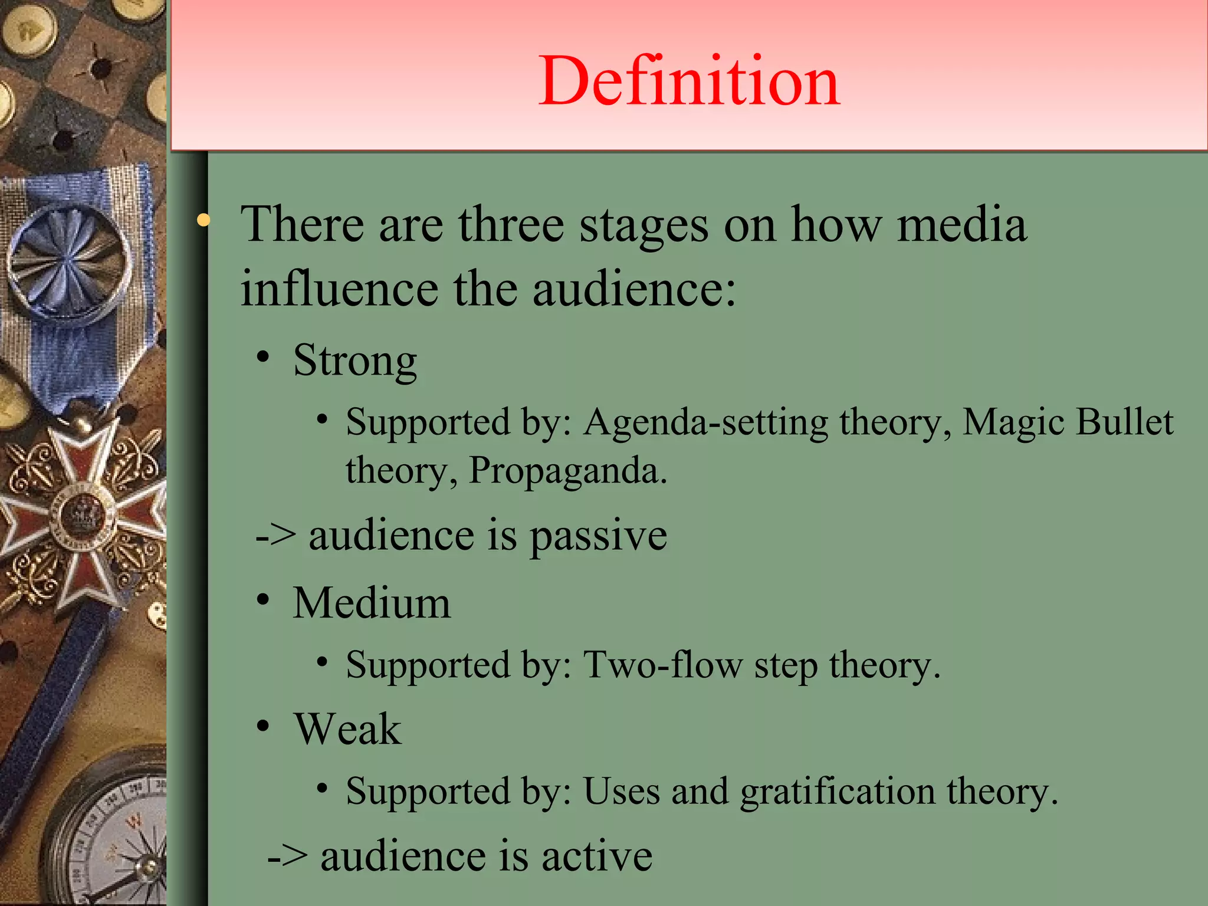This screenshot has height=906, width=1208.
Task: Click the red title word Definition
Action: [x=689, y=81]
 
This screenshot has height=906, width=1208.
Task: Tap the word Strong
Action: [x=355, y=360]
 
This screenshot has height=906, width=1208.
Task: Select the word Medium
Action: [x=372, y=603]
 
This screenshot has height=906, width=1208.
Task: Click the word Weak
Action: [x=348, y=729]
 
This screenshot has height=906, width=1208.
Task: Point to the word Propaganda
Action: [x=567, y=471]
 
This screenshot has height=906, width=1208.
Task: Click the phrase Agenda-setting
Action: [x=706, y=423]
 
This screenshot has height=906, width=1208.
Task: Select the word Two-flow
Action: [x=663, y=665]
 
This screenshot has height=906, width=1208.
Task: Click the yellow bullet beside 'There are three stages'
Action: [x=203, y=221]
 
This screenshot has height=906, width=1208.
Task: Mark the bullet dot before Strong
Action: [x=263, y=357]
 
